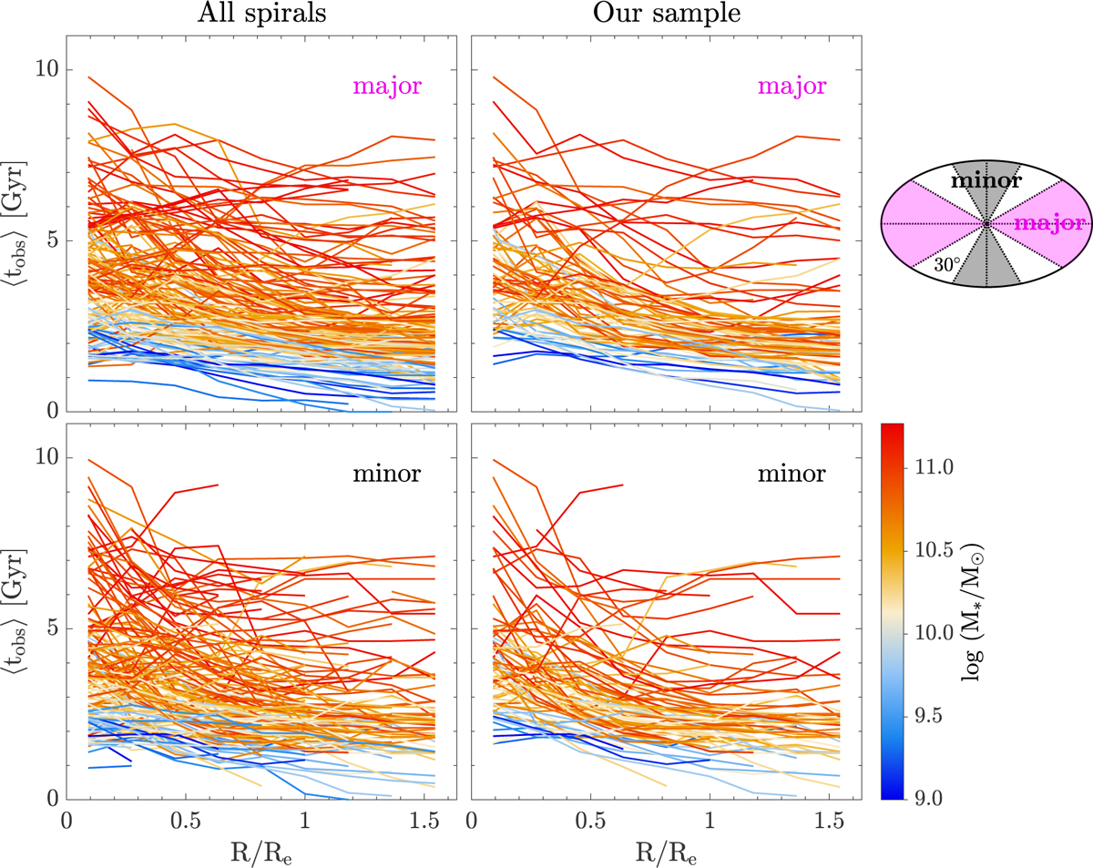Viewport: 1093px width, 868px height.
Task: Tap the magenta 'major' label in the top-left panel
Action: tap(387, 87)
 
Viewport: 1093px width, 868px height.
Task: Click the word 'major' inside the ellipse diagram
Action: tap(1048, 224)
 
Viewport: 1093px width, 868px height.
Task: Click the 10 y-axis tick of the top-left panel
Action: tap(43, 70)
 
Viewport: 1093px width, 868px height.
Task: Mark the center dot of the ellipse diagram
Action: tap(987, 224)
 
